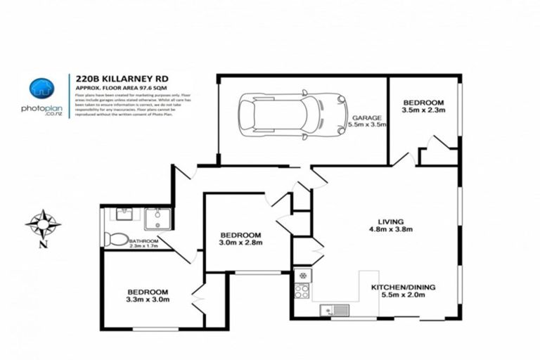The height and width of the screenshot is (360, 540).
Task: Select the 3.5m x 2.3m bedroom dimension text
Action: pyautogui.click(x=424, y=110)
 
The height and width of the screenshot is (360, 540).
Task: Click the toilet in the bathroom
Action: pyautogui.click(x=115, y=239)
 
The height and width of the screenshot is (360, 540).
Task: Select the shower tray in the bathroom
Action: pyautogui.click(x=157, y=219)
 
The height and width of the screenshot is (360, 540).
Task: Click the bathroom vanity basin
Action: pyautogui.click(x=123, y=214)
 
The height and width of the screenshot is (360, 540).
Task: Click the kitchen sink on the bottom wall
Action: pyautogui.click(x=331, y=310)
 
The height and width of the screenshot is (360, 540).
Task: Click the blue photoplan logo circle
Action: pyautogui.click(x=41, y=88)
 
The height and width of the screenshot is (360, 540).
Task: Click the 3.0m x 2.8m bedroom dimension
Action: pyautogui.click(x=240, y=243)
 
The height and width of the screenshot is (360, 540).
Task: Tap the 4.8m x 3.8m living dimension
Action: pyautogui.click(x=390, y=229)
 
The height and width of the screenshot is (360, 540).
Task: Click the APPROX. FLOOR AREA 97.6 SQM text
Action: pyautogui.click(x=116, y=87)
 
